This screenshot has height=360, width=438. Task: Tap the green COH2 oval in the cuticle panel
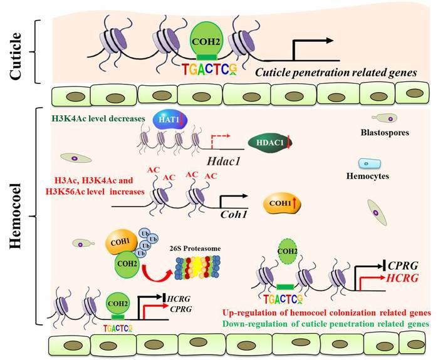(x=206, y=43)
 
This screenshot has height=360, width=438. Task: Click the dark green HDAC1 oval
(x=268, y=143)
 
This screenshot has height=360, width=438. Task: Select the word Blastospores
(x=385, y=133)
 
